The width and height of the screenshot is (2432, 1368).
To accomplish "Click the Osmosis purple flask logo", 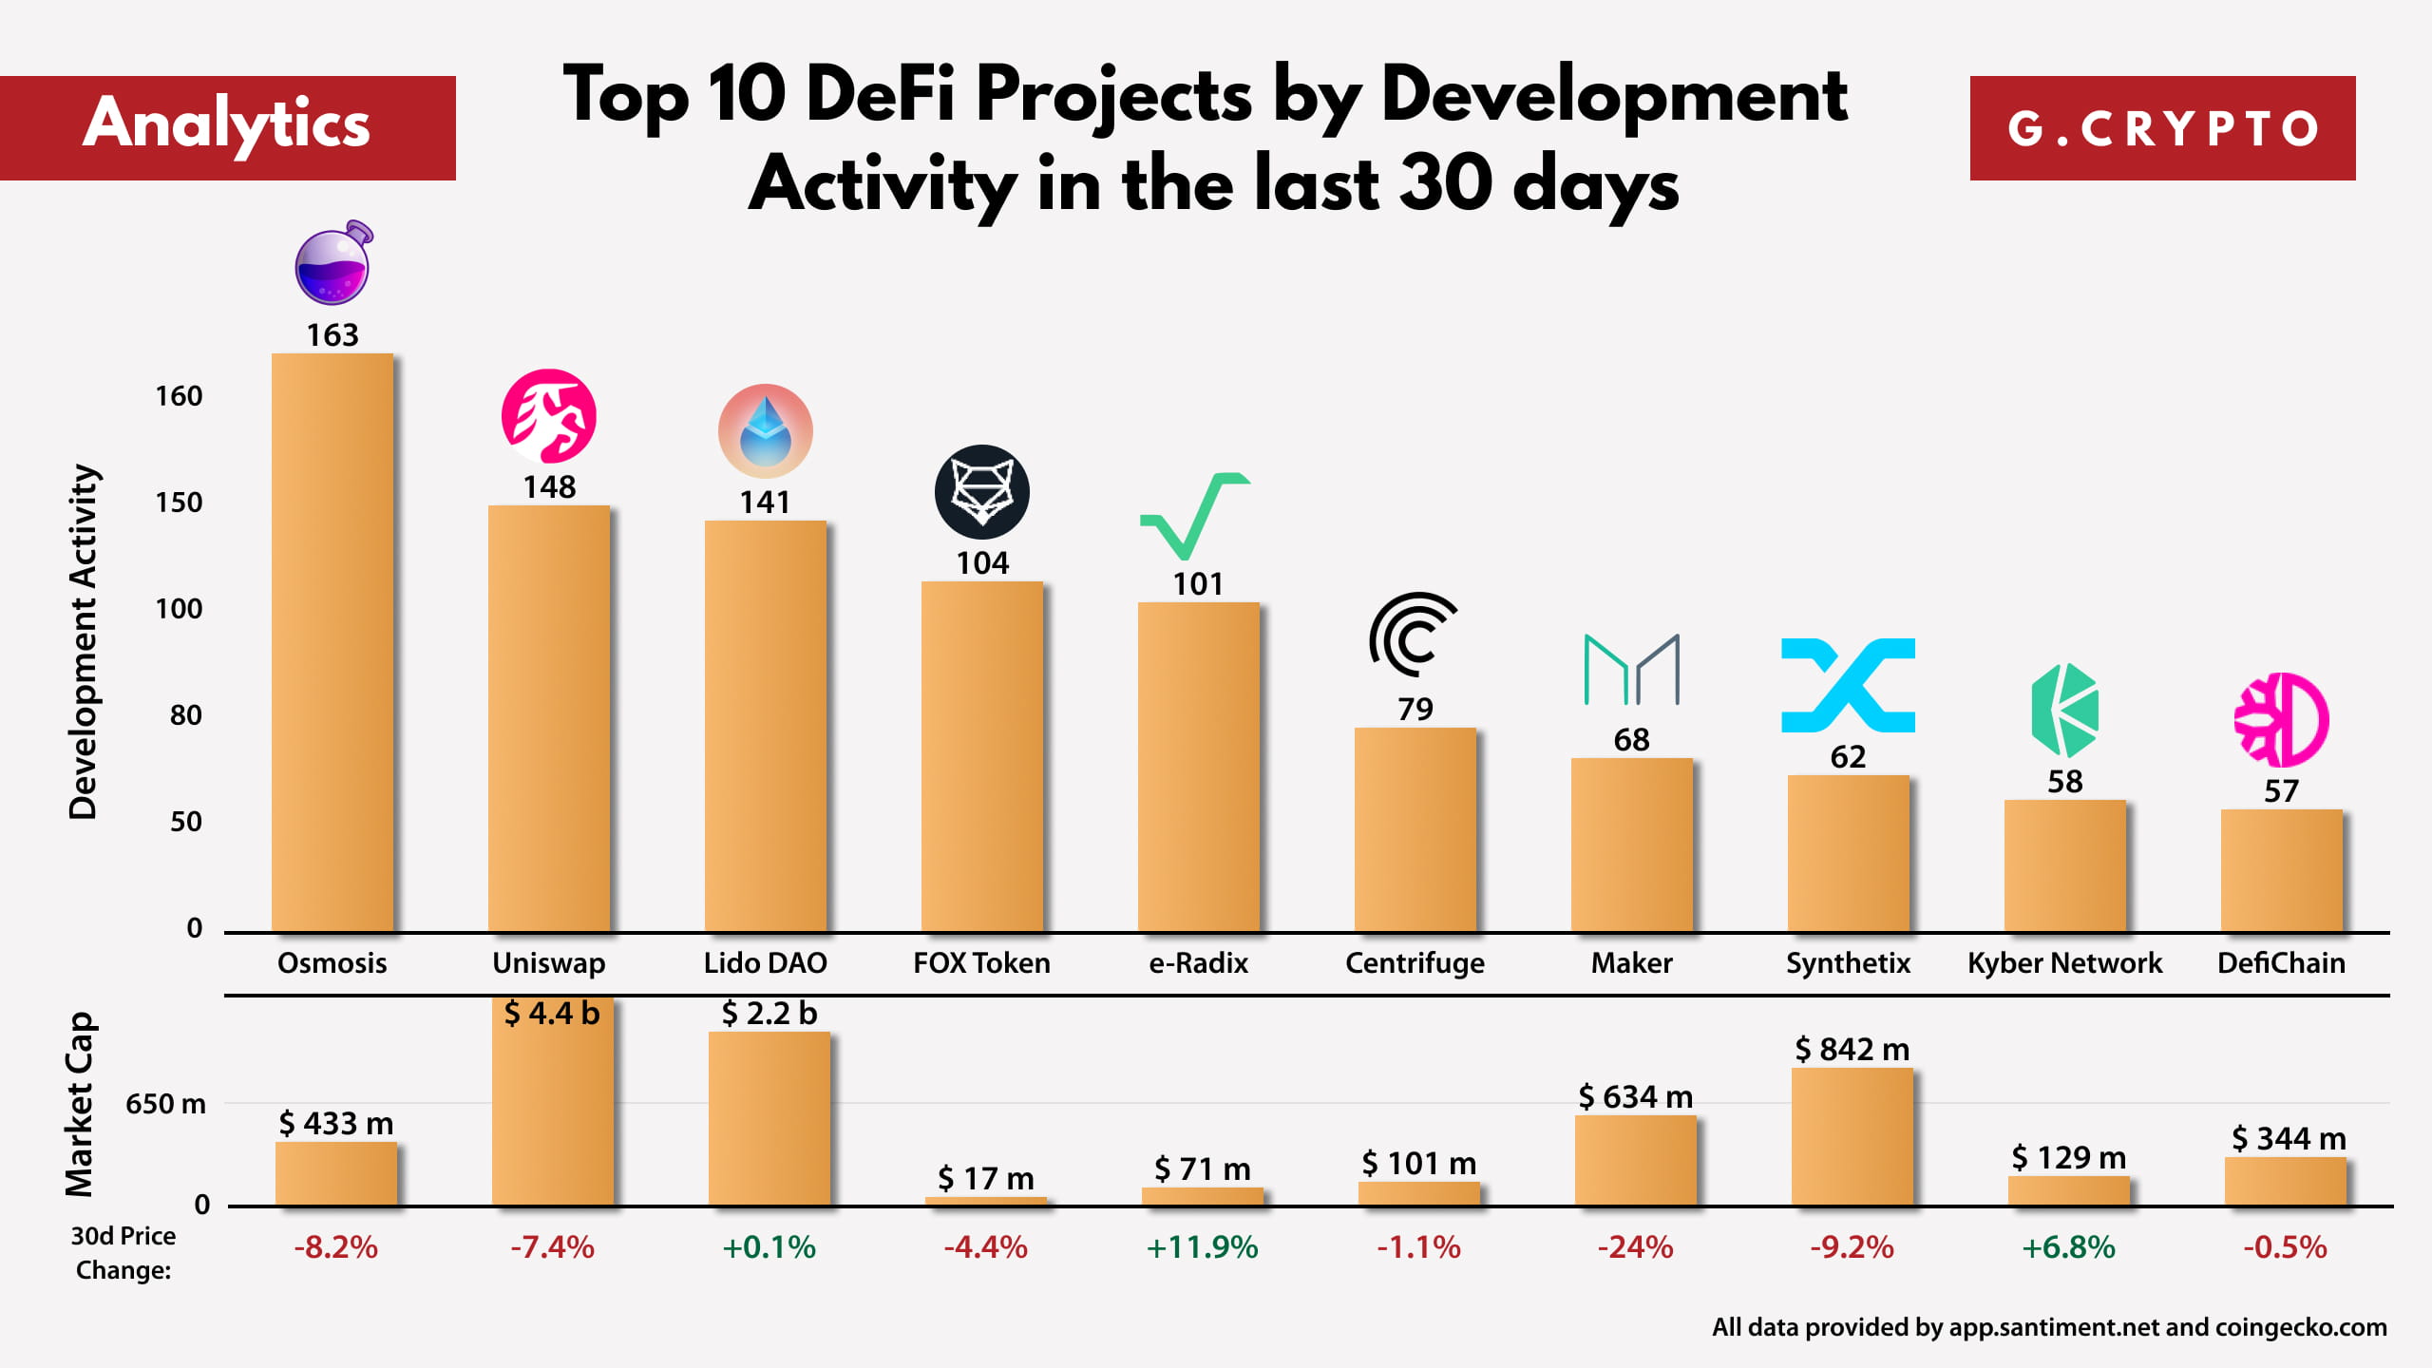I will coord(332,264).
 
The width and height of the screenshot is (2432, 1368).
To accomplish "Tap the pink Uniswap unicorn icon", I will coord(548,416).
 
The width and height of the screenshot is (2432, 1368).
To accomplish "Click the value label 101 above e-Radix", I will coord(1198,583).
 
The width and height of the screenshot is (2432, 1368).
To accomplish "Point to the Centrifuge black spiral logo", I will coord(1413,635).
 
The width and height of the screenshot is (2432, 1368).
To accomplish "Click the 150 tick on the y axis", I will coord(179,503).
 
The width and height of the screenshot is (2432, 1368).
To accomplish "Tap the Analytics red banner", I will coord(227,127).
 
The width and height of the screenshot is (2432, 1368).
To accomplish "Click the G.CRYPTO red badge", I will coord(2162,128).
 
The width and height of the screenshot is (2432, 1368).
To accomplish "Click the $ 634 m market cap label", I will coord(1635,1097).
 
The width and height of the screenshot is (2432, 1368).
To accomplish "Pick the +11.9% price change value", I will coord(1202,1247).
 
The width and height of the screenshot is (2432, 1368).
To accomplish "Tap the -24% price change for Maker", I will coord(1635,1247).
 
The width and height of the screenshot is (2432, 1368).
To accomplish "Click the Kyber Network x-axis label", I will coord(2064,963).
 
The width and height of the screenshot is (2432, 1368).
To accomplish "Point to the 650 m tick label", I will coord(165,1104).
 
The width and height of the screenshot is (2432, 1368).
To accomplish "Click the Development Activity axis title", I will coord(84,642).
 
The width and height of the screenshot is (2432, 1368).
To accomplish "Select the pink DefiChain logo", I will coord(2281,720).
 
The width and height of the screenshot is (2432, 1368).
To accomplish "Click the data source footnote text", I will coord(2049,1327).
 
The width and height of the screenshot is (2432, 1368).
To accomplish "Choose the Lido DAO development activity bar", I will coord(765,726).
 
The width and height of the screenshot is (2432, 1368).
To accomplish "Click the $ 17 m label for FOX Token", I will coord(985,1179).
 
